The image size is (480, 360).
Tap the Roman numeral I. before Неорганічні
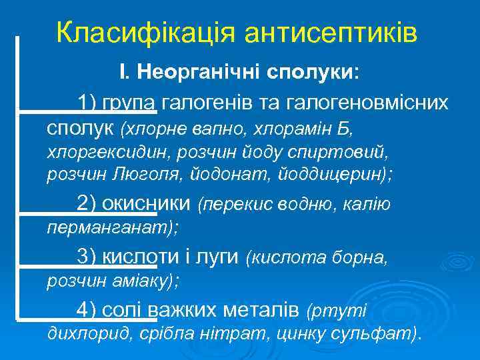123,72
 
